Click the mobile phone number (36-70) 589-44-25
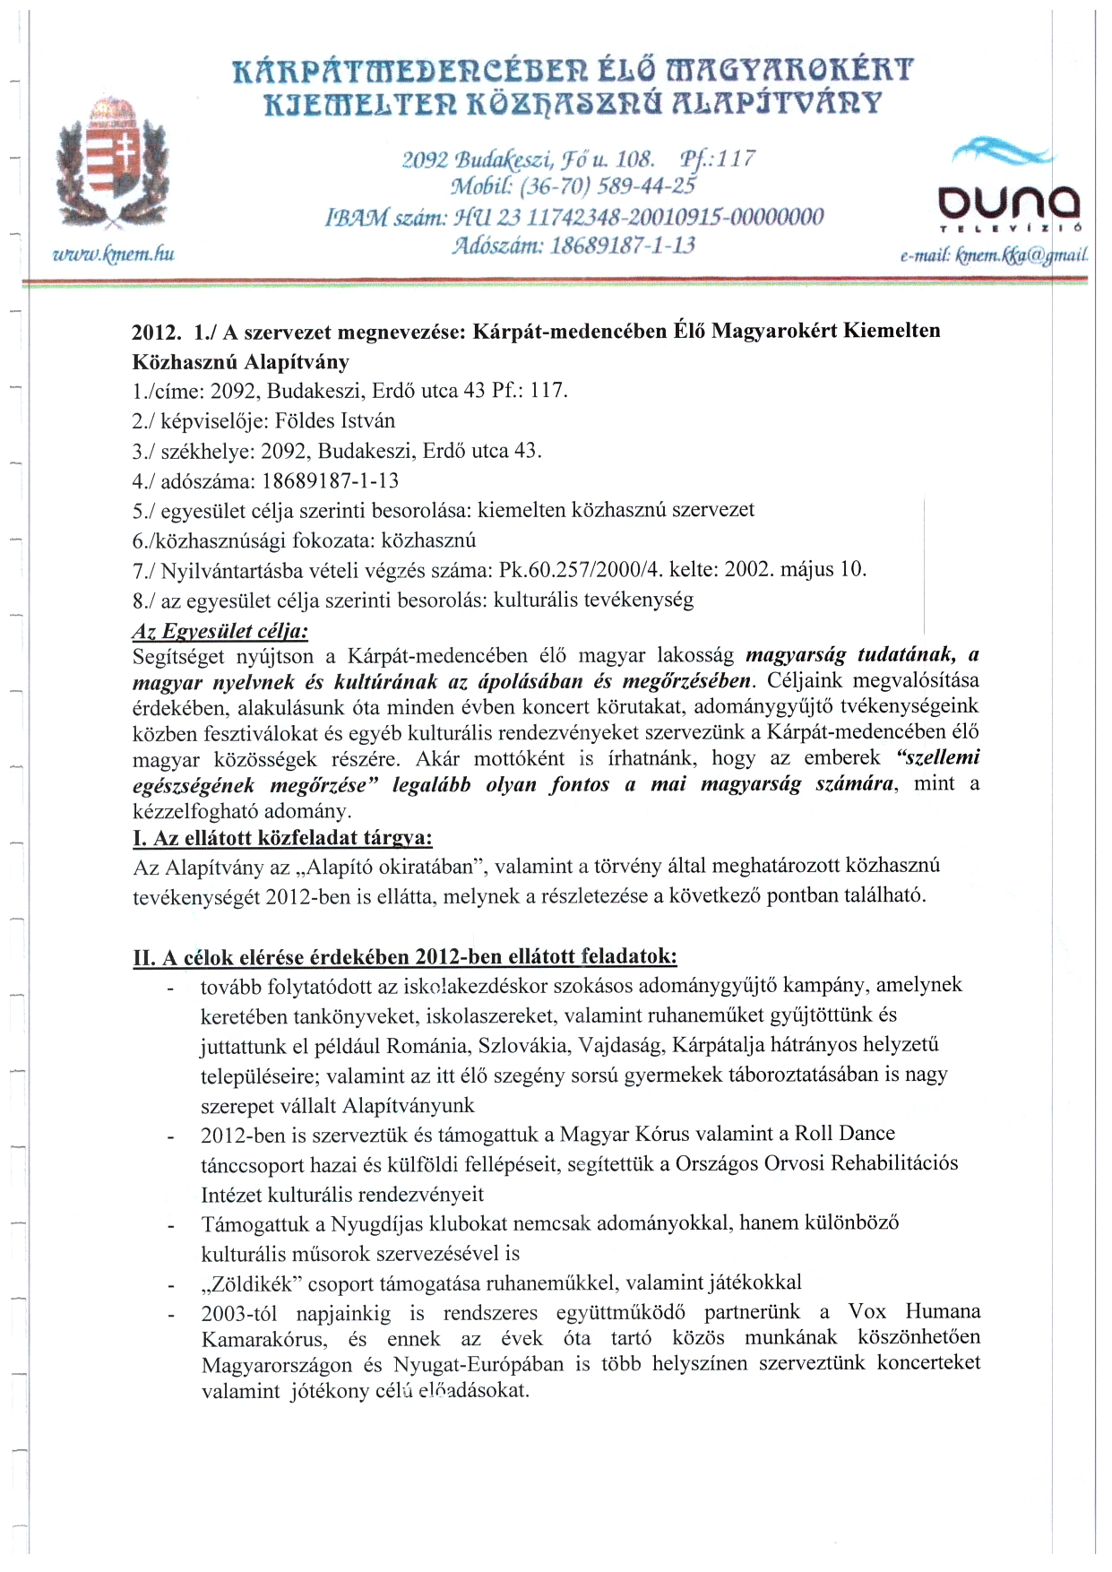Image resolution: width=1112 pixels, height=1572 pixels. click(x=618, y=186)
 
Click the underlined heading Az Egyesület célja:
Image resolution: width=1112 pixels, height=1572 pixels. click(x=220, y=631)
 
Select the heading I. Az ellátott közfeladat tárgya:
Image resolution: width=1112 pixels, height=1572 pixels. click(x=282, y=839)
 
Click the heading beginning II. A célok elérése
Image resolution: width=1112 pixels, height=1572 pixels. click(x=404, y=956)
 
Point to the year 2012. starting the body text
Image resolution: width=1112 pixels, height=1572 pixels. click(x=157, y=332)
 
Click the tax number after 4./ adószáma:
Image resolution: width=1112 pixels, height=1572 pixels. click(x=330, y=481)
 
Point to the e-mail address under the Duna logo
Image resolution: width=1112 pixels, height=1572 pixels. click(x=995, y=255)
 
